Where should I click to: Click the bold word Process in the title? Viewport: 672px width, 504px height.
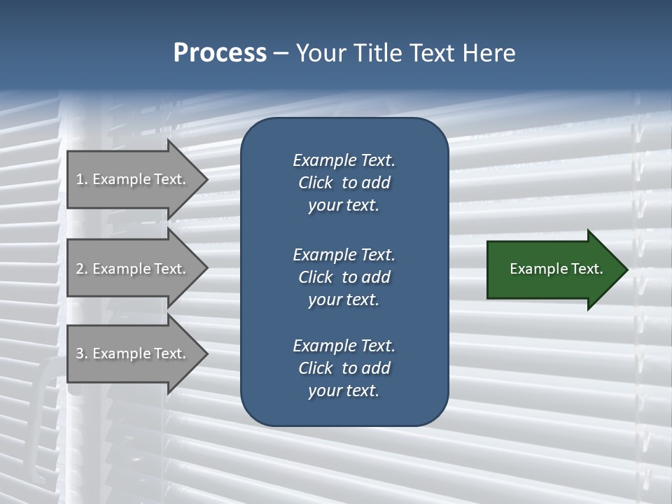click(220, 53)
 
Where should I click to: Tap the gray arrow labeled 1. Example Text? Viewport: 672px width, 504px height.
click(133, 179)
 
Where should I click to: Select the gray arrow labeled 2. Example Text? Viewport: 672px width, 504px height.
click(133, 269)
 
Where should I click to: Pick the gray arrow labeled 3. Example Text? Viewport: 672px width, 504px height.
click(133, 353)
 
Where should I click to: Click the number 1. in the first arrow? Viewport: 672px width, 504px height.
click(82, 179)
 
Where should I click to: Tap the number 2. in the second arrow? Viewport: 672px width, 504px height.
click(82, 269)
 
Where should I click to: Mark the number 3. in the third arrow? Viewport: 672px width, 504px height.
click(82, 353)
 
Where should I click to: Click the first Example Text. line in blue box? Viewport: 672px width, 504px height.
click(344, 160)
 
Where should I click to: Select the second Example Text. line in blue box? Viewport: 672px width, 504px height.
click(344, 255)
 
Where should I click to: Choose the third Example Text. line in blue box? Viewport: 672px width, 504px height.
click(344, 346)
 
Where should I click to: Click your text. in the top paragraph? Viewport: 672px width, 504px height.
click(344, 206)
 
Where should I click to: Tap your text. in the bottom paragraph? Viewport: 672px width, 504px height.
click(344, 391)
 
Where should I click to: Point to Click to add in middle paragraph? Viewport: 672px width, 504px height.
click(344, 277)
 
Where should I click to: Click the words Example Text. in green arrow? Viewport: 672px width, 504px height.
click(556, 269)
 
